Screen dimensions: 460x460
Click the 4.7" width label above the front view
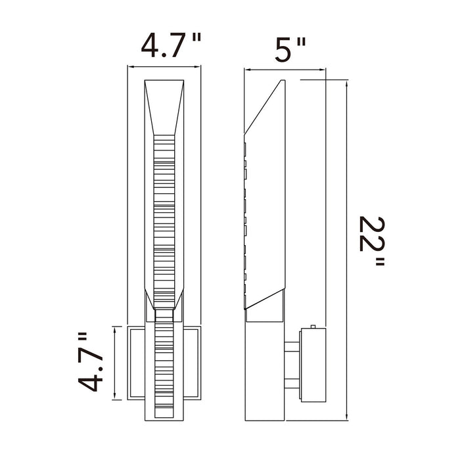[172, 45]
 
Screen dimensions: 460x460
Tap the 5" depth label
[290, 49]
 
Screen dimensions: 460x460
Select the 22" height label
[372, 241]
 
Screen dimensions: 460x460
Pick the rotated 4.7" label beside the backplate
[91, 361]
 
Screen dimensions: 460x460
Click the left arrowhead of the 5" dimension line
[248, 70]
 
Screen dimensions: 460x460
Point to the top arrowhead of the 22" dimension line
[347, 83]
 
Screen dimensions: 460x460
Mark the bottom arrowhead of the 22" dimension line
[347, 417]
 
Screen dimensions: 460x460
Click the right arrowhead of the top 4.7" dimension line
[197, 67]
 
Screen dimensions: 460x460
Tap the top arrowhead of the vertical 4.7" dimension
[115, 329]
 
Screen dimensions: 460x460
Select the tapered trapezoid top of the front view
[164, 107]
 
